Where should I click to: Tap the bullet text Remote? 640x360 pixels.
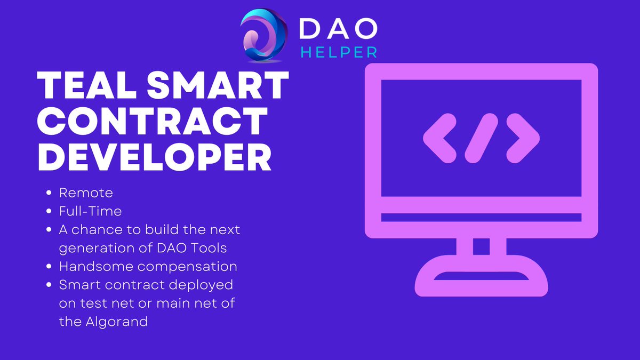point(86,193)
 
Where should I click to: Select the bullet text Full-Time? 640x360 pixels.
point(90,211)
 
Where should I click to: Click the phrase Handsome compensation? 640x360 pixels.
point(148,266)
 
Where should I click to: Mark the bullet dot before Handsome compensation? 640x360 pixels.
point(49,266)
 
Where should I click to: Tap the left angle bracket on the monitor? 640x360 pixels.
point(439,138)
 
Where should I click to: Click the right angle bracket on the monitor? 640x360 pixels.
point(523,138)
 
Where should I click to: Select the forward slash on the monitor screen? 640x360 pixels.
point(481,138)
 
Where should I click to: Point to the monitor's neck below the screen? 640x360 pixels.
point(481,246)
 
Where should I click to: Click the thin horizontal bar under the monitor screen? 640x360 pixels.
point(481,218)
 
